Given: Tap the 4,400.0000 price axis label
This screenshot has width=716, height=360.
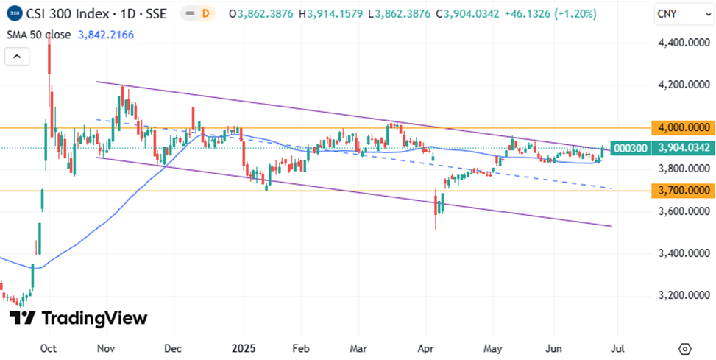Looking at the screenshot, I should click(682, 43).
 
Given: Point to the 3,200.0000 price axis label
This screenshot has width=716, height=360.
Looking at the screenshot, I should click(682, 296).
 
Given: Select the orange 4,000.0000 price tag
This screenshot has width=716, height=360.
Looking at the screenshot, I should click(682, 127).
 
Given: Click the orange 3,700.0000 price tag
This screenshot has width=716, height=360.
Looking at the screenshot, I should click(682, 191).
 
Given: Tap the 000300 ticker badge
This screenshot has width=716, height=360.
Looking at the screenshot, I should click(630, 148).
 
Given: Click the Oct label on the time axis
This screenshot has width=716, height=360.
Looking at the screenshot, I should click(49, 348).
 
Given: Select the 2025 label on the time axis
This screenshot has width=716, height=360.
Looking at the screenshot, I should click(242, 348).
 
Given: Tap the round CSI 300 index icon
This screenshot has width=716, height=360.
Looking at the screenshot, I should click(13, 14).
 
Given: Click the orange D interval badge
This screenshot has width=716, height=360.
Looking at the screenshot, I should click(205, 14).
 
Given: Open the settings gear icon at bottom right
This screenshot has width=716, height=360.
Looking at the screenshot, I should click(685, 348).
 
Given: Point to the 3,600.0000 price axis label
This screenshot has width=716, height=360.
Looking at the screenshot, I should click(682, 212).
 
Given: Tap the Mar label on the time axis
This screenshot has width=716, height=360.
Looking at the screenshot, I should click(359, 348).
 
